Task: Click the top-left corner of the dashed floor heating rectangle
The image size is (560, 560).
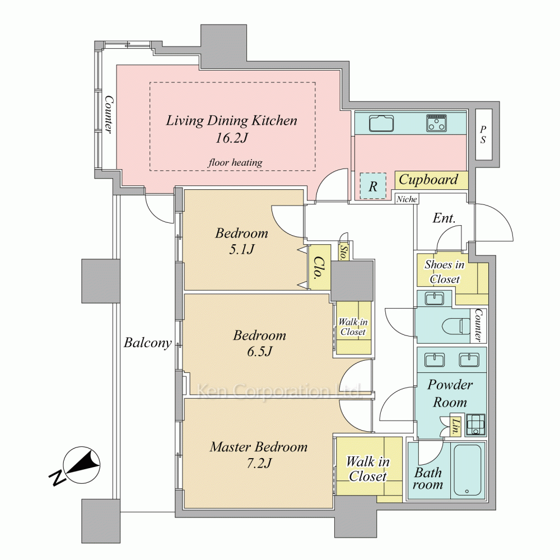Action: (x=150, y=82)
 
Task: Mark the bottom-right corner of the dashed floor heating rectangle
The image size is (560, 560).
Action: (x=315, y=170)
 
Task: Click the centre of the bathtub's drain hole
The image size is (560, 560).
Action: (x=467, y=492)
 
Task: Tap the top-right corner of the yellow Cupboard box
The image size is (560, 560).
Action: (x=468, y=171)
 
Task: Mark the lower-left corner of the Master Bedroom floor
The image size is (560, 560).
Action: (x=184, y=507)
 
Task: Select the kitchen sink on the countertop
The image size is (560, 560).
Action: (x=381, y=124)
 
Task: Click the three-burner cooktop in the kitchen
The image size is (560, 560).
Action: (x=436, y=123)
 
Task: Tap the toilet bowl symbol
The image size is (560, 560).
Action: (x=456, y=326)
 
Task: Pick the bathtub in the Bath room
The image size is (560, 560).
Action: (x=468, y=470)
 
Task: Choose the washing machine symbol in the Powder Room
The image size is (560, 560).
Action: (x=475, y=424)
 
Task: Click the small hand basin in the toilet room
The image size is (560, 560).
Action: (x=435, y=298)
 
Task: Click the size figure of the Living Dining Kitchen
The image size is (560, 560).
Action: (x=231, y=138)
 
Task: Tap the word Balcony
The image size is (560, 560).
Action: (x=147, y=343)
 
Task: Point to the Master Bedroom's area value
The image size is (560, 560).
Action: (x=259, y=464)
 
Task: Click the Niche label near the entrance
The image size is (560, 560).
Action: (x=407, y=199)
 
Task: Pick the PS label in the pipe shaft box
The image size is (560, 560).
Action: (x=483, y=134)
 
